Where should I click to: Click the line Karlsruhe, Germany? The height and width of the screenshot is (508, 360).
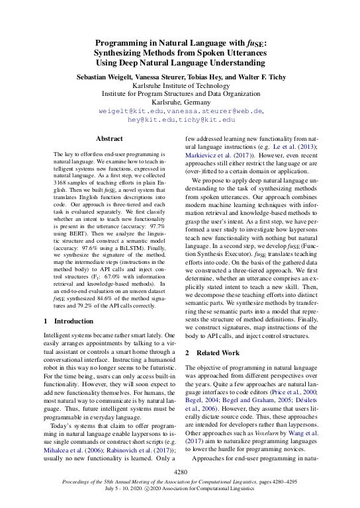tap(179, 103)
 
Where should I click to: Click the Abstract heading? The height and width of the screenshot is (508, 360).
tap(109, 139)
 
